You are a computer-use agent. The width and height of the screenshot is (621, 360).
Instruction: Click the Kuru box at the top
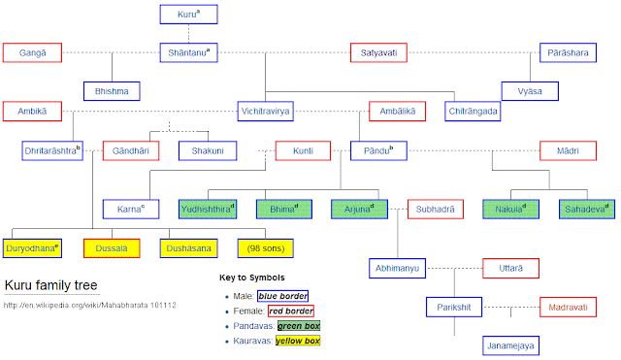(187, 15)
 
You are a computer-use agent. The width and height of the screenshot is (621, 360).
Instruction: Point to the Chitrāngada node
(474, 112)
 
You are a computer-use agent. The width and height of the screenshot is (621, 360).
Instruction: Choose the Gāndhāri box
(131, 150)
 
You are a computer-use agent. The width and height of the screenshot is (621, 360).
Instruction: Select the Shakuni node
(207, 150)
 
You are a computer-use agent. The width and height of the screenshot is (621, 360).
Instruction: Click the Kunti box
(304, 150)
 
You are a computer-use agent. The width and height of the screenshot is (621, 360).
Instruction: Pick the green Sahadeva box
(587, 209)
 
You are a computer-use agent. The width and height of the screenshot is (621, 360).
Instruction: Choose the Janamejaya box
(511, 345)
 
